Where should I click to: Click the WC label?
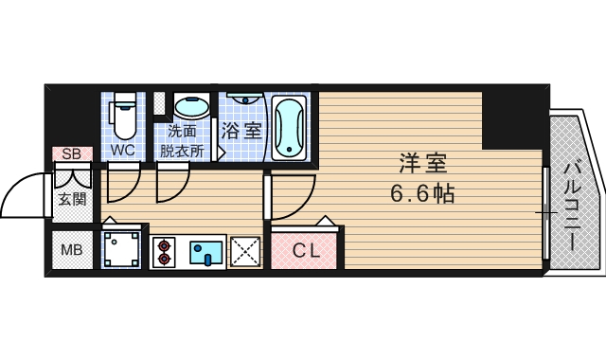[122, 150]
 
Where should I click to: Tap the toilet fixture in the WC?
[122, 118]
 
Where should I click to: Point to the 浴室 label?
[241, 131]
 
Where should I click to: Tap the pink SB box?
[72, 153]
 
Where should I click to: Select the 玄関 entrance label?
[72, 199]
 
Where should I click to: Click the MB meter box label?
[72, 250]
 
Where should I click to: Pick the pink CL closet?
[307, 251]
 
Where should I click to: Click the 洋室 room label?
[422, 163]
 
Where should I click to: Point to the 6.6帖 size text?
[422, 194]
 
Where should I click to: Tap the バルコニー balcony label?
[573, 205]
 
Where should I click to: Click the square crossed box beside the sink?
[245, 251]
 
